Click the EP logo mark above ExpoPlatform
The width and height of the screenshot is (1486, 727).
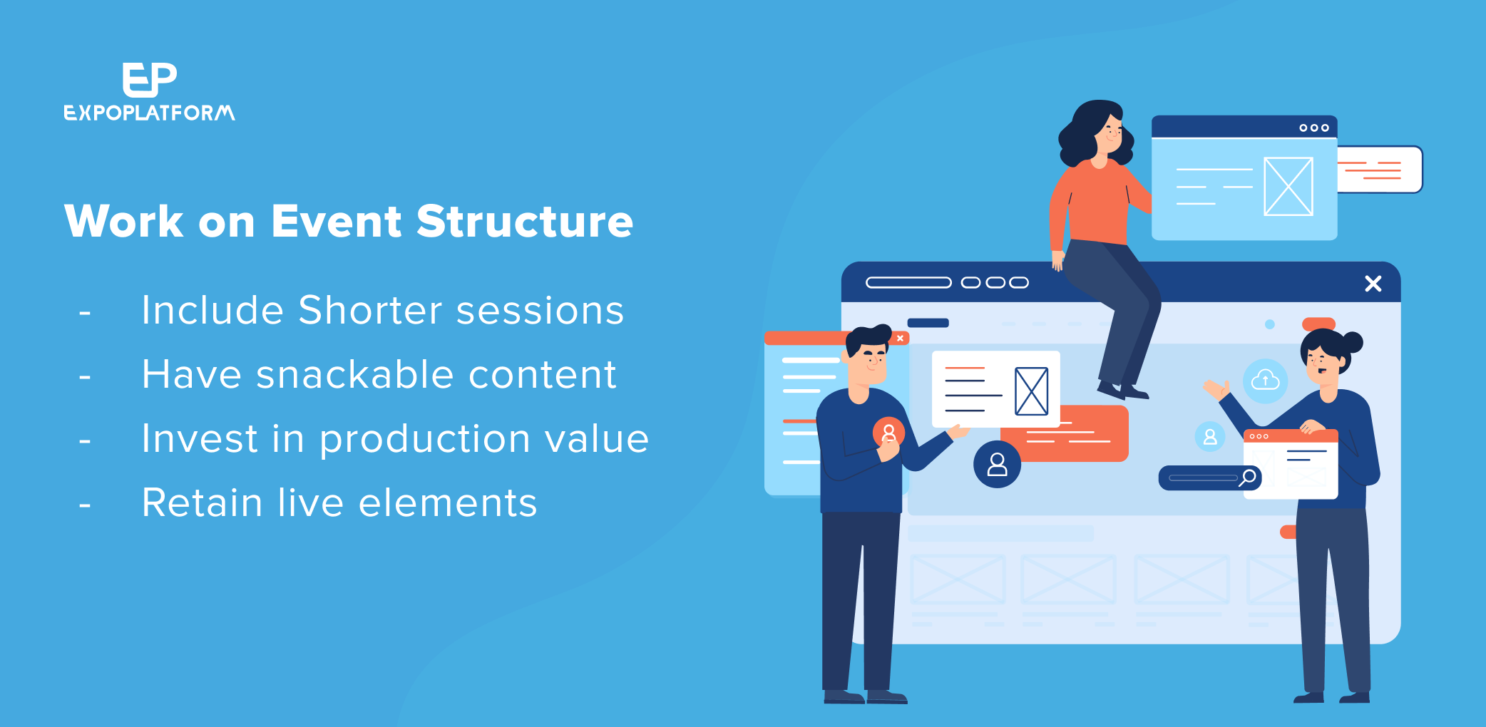(x=150, y=79)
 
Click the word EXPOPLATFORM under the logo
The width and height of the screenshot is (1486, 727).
(x=150, y=113)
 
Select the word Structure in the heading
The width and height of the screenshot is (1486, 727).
(x=525, y=221)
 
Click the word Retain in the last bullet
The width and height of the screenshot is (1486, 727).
(x=203, y=502)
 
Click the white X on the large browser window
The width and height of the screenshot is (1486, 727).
(x=1373, y=284)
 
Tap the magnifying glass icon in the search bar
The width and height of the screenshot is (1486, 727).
(x=1247, y=478)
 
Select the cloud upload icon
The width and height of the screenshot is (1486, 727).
(x=1266, y=381)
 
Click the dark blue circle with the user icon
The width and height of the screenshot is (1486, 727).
(x=997, y=464)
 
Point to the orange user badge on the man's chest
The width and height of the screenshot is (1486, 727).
(x=888, y=432)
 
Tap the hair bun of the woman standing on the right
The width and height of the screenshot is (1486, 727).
(x=1352, y=342)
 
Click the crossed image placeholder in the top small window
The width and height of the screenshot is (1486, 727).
(x=1288, y=186)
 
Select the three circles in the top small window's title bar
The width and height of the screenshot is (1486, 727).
(x=1314, y=128)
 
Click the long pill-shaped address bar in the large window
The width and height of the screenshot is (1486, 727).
(x=908, y=282)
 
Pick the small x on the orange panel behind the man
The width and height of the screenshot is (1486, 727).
(x=901, y=339)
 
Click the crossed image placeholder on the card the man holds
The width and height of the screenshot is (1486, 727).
(x=1032, y=391)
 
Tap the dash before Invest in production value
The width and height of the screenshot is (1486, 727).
(x=85, y=442)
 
